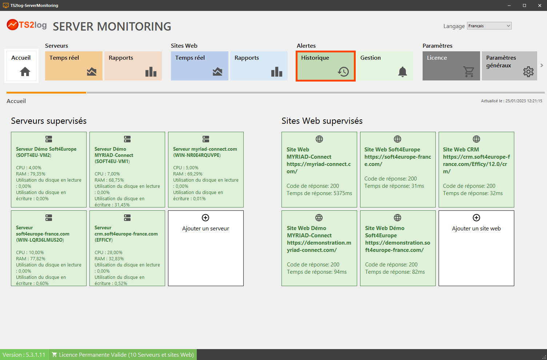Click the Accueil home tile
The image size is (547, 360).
[x=21, y=66]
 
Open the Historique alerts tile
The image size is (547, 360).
[x=326, y=66]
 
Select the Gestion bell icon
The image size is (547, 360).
[x=403, y=72]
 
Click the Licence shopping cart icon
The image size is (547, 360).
[x=468, y=72]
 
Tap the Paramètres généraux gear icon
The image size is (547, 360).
[x=528, y=72]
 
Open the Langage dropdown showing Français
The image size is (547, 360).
[x=489, y=26]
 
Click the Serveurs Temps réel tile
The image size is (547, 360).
[x=74, y=66]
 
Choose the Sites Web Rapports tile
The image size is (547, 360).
[x=259, y=66]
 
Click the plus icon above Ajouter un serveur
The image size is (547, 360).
[x=205, y=218]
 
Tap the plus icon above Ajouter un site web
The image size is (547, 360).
[x=476, y=218]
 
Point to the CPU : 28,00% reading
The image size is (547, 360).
[x=108, y=253]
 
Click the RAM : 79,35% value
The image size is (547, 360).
[x=31, y=174]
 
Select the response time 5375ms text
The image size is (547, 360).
[x=319, y=193]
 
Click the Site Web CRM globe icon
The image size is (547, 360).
[x=476, y=139]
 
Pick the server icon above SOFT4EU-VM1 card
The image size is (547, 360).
[x=127, y=139]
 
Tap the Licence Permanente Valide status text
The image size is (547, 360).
[x=126, y=355]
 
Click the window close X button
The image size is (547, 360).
[x=540, y=5]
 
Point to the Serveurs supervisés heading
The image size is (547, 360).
[x=49, y=121]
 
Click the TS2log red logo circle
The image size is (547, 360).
[x=12, y=25]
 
